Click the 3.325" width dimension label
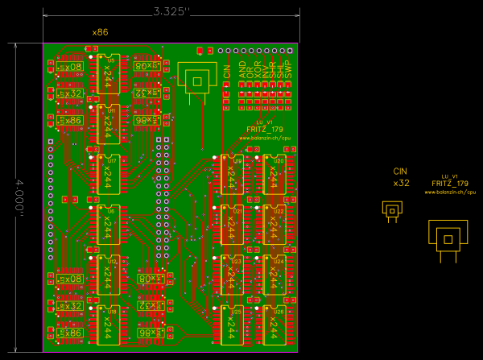pos(171,11)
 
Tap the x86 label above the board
pos(101,32)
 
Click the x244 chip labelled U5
pos(109,75)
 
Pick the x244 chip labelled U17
pos(109,175)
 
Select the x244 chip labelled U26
pos(275,326)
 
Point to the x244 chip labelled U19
pos(232,175)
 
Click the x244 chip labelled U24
pos(275,276)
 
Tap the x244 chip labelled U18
pos(109,326)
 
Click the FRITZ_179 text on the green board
pos(265,129)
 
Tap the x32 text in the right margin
pos(401,183)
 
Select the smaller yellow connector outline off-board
pos(392,210)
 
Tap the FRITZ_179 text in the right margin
pos(449,184)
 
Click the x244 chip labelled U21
pos(232,226)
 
